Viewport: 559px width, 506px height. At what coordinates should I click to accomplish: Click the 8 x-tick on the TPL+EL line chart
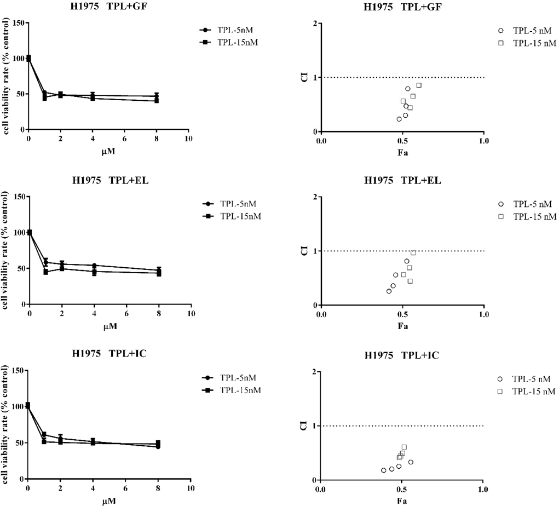click(159, 314)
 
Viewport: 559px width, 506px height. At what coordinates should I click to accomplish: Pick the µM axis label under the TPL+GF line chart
click(108, 151)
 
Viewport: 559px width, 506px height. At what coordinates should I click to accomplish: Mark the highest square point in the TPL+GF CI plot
click(419, 85)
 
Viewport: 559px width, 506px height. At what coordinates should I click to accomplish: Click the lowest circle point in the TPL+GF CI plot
click(399, 119)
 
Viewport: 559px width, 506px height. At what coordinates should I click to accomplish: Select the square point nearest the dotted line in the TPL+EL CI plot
click(413, 252)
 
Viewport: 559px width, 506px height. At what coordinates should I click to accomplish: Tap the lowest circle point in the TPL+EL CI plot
click(389, 291)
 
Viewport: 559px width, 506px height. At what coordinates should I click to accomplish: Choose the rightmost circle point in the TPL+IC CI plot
click(411, 462)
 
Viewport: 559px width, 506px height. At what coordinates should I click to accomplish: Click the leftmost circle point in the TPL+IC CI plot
click(383, 470)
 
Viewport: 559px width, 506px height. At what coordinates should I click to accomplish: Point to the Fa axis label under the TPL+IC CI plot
click(402, 501)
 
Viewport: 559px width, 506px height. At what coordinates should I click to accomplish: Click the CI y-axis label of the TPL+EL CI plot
click(304, 251)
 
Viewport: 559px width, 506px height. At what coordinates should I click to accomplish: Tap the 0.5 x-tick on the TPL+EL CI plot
click(402, 314)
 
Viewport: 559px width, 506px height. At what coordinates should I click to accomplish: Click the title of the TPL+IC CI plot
click(402, 355)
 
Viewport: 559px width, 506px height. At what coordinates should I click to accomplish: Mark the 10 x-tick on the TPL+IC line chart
click(190, 488)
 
